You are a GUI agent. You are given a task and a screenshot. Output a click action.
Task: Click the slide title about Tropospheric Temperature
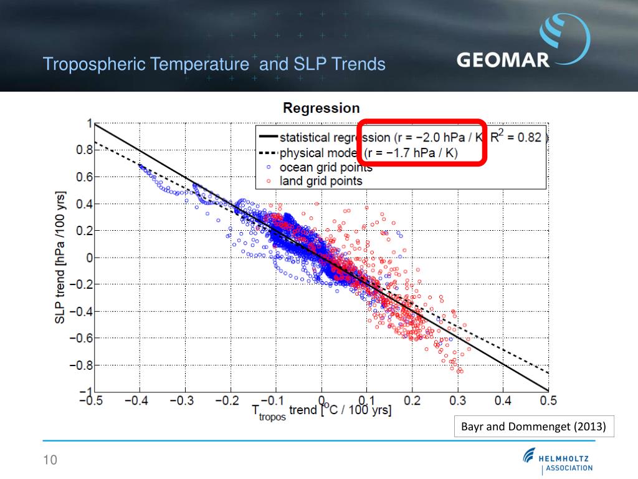pos(214,64)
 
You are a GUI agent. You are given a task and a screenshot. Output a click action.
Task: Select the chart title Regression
pos(321,108)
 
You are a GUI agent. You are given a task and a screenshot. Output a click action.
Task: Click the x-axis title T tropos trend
pos(321,411)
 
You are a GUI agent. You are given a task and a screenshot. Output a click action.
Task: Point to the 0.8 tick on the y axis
pos(83,150)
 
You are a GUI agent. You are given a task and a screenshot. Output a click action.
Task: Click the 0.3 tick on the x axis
pos(458,400)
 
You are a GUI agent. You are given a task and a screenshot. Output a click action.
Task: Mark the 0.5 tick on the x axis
pos(548,400)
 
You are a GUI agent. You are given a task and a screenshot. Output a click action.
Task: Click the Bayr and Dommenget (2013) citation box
pos(531,427)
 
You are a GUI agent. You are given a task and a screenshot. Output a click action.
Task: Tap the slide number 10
pos(50,460)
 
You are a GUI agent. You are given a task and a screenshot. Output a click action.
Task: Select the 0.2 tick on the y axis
pos(83,231)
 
